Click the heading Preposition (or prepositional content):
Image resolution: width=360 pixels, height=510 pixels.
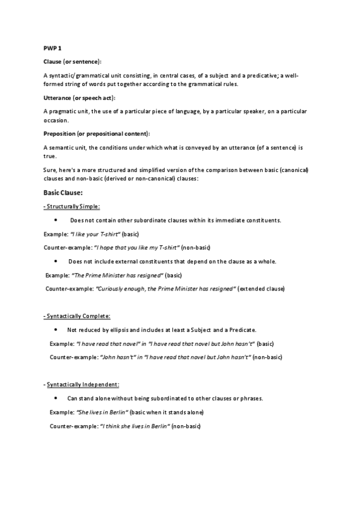(97, 133)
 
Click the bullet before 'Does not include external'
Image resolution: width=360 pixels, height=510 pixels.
(55, 261)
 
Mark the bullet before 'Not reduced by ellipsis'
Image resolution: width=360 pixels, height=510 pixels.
(55, 330)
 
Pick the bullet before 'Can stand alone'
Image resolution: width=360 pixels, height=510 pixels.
(55, 398)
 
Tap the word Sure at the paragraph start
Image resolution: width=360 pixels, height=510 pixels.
(50, 171)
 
